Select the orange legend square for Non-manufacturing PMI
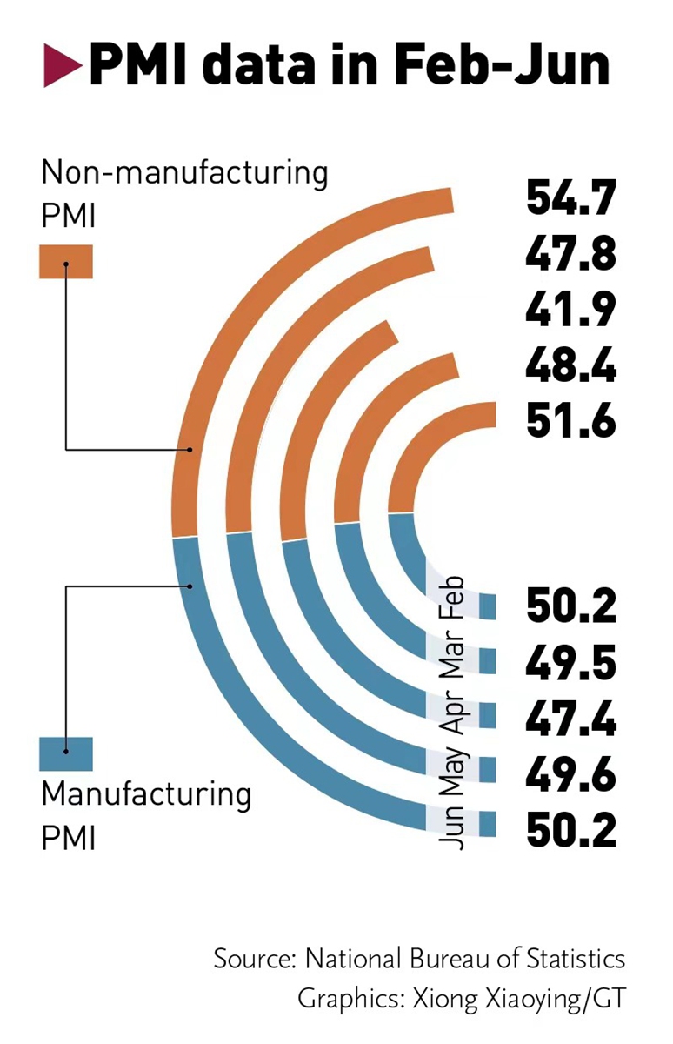pyautogui.click(x=66, y=261)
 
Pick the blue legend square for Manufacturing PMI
pyautogui.click(x=66, y=753)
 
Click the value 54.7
pyautogui.click(x=570, y=197)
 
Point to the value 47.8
pyautogui.click(x=570, y=254)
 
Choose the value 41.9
pyautogui.click(x=570, y=311)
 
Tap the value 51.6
pyautogui.click(x=570, y=422)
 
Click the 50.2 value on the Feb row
pyautogui.click(x=570, y=606)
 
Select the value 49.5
pyautogui.click(x=570, y=664)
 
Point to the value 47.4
pyautogui.click(x=570, y=720)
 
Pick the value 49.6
pyautogui.click(x=570, y=774)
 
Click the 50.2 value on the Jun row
pyautogui.click(x=570, y=829)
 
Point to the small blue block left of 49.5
pyautogui.click(x=487, y=662)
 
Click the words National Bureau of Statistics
pyautogui.click(x=464, y=959)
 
